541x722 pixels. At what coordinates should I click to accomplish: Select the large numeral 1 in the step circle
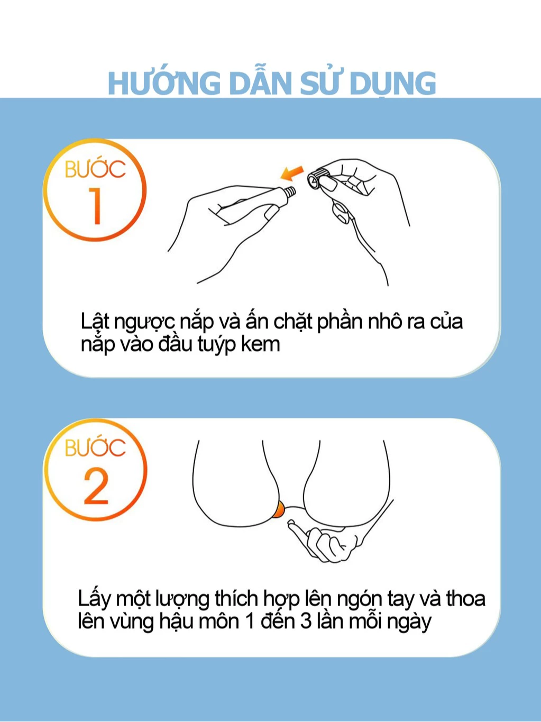(96, 206)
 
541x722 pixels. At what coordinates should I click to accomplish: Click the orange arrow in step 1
(292, 172)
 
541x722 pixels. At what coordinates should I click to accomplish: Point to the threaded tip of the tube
(290, 192)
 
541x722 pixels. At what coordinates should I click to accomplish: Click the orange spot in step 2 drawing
(279, 509)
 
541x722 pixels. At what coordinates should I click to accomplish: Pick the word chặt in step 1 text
(292, 322)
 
